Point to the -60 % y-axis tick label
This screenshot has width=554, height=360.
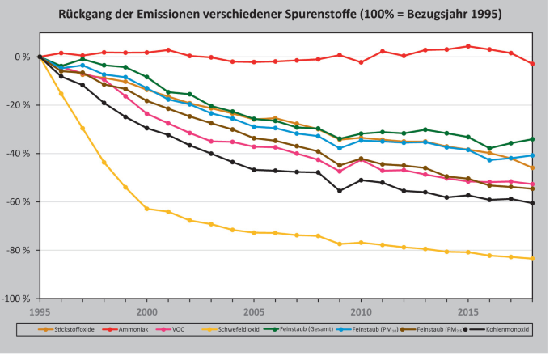[18, 202]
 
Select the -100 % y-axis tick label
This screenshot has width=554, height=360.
[15, 299]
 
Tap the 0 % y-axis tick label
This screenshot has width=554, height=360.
[22, 57]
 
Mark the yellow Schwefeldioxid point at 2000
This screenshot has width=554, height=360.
[147, 209]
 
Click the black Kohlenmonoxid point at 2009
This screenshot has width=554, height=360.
[340, 191]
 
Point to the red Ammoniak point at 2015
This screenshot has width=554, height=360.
[468, 46]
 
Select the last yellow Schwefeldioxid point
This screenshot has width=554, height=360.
[532, 259]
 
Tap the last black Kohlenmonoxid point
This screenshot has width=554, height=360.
[532, 203]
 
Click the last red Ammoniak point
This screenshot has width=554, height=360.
[532, 64]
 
